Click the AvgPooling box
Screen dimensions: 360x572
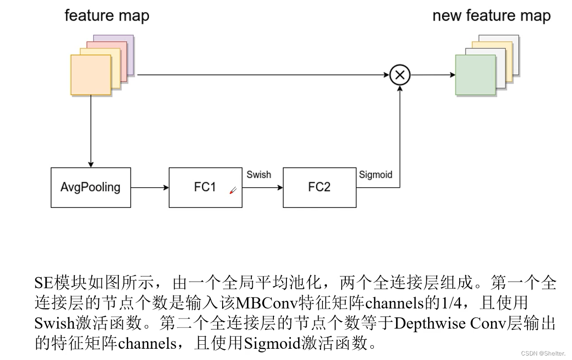pyautogui.click(x=91, y=188)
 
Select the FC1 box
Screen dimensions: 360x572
pyautogui.click(x=205, y=188)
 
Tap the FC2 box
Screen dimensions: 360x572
pyautogui.click(x=319, y=188)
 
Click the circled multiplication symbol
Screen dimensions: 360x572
pyautogui.click(x=400, y=75)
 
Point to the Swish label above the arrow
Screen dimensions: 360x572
pyautogui.click(x=259, y=175)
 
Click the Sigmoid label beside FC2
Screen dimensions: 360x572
pyautogui.click(x=375, y=175)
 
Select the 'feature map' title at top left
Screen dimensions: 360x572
pyautogui.click(x=107, y=15)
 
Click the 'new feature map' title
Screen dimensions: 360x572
pyautogui.click(x=492, y=15)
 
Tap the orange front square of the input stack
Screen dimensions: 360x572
pyautogui.click(x=91, y=75)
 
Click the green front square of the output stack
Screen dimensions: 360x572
pyautogui.click(x=475, y=75)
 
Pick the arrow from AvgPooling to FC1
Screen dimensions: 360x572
pyautogui.click(x=150, y=188)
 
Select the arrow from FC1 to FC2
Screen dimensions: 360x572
pyautogui.click(x=263, y=188)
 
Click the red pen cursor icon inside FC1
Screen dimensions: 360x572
pyautogui.click(x=233, y=191)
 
